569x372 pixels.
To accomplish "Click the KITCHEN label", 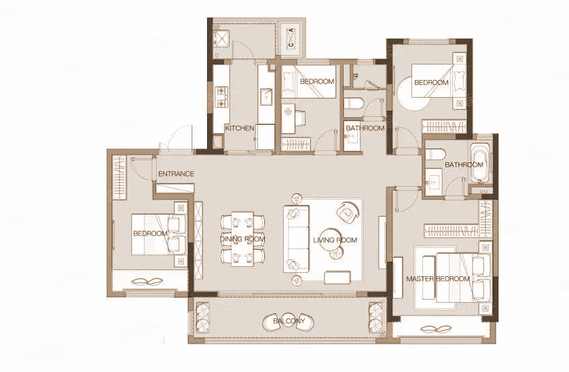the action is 240,128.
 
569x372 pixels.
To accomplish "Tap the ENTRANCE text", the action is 176,174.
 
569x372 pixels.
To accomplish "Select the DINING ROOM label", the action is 242,239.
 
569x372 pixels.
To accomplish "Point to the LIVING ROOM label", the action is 335,240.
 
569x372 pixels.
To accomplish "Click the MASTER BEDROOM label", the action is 438,279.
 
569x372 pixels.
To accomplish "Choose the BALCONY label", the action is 289,321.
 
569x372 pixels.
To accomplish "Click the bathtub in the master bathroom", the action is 480,163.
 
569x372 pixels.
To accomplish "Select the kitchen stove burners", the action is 221,97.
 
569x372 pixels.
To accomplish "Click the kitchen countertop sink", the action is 266,96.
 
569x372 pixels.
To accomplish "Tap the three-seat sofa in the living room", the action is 296,239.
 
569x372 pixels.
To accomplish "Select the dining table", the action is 242,239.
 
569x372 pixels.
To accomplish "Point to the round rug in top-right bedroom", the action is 413,94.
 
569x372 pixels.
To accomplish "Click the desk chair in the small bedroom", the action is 299,117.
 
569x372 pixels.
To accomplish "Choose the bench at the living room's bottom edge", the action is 337,277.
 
